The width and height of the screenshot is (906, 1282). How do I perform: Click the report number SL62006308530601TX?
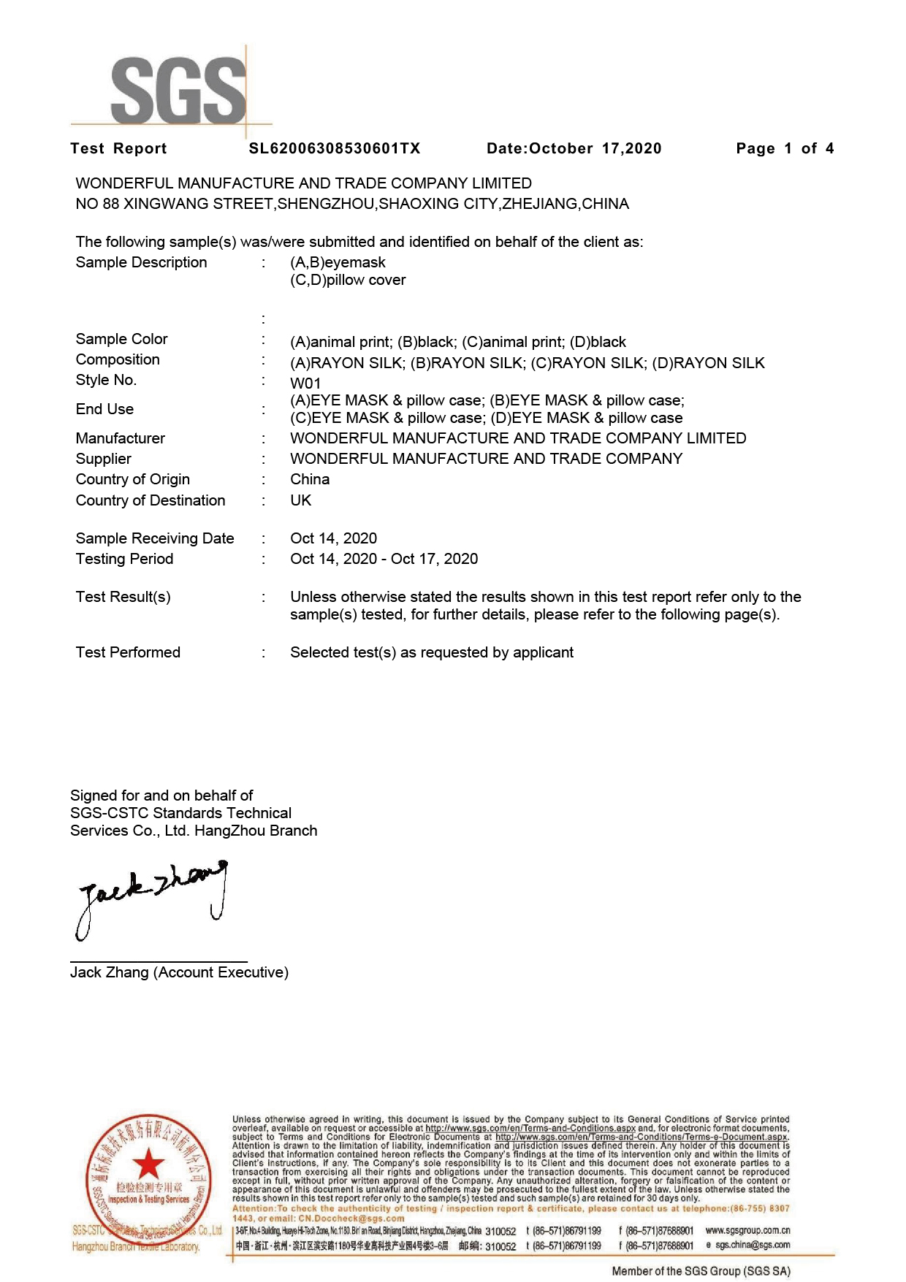click(x=335, y=149)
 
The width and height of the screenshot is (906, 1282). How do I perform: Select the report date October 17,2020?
click(x=574, y=149)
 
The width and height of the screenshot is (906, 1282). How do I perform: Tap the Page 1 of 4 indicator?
click(x=785, y=149)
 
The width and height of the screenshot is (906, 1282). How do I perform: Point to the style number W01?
click(x=305, y=384)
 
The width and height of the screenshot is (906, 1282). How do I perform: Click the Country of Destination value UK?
click(x=301, y=500)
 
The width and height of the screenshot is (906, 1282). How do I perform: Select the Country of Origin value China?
click(x=310, y=479)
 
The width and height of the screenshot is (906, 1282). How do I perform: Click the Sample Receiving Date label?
click(x=155, y=538)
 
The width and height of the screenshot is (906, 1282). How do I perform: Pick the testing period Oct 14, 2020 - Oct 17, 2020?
click(x=384, y=559)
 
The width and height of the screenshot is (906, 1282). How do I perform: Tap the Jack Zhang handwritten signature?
click(x=151, y=897)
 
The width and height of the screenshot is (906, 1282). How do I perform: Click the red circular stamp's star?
click(x=148, y=1164)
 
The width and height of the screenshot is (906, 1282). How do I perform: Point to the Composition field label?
click(x=118, y=359)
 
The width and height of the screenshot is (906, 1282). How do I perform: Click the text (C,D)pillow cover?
click(x=348, y=280)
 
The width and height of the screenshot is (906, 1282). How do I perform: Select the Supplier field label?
click(x=104, y=459)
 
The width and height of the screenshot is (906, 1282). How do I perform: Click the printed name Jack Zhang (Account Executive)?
click(x=179, y=972)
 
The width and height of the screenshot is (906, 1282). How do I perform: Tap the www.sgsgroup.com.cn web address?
click(x=747, y=1230)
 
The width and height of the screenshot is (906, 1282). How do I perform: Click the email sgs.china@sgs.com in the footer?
click(x=753, y=1245)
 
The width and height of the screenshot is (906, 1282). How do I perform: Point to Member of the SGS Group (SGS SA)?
click(x=701, y=1271)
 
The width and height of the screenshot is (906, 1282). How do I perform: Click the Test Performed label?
click(x=128, y=652)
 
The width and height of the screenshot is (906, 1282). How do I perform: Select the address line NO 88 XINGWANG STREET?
click(x=352, y=204)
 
